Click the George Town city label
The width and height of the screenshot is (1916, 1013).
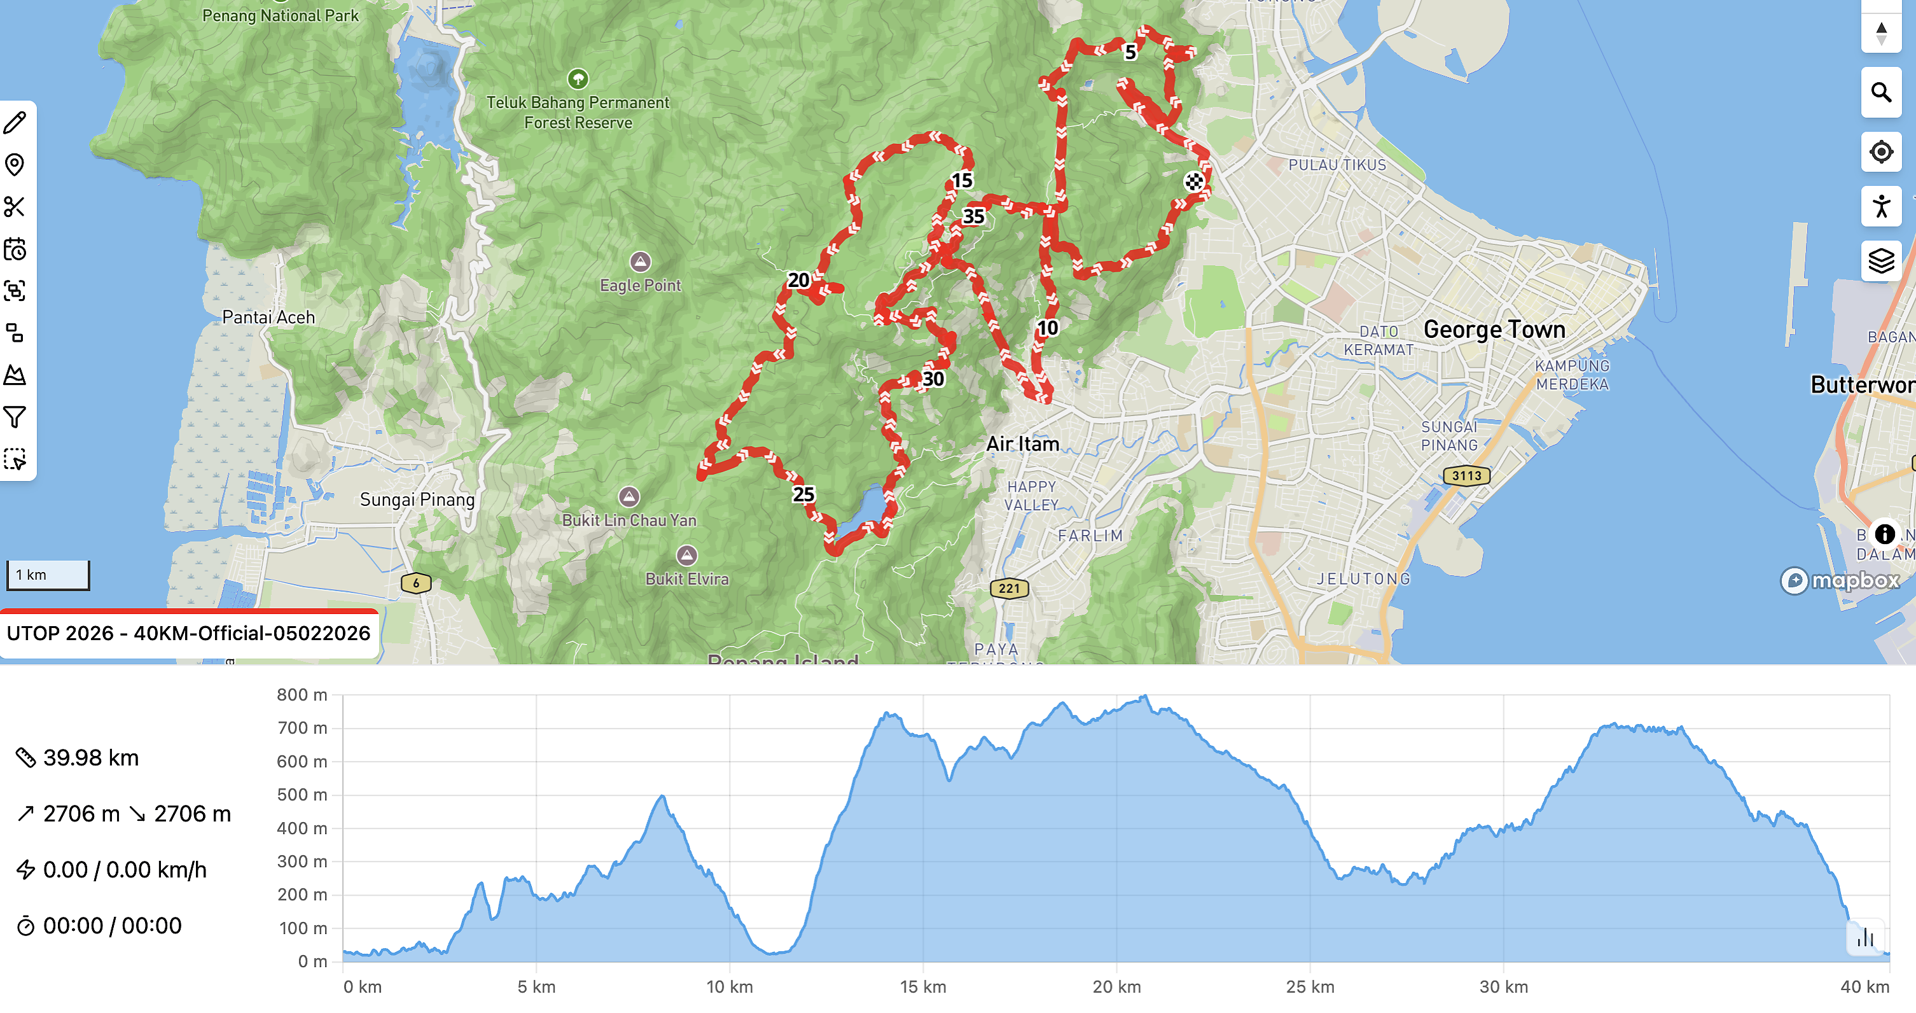[x=1494, y=330]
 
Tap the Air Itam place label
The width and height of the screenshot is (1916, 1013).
[x=1022, y=444]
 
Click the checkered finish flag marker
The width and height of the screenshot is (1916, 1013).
[x=1193, y=181]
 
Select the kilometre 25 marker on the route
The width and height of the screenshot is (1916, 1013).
[x=803, y=494]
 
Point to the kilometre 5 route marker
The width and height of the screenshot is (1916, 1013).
[x=1130, y=52]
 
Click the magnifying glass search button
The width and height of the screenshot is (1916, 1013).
[x=1881, y=93]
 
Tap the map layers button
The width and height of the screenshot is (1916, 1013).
[x=1881, y=261]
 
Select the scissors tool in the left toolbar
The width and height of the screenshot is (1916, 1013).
[x=15, y=207]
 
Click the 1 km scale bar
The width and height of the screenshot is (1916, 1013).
[x=48, y=575]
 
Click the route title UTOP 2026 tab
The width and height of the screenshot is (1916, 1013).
[x=188, y=634]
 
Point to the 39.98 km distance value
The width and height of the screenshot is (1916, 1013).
[x=91, y=758]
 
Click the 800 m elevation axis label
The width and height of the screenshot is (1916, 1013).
[x=302, y=695]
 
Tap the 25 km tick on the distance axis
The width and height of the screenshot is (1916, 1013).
[x=1310, y=987]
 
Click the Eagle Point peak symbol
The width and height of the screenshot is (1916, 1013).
[x=641, y=262]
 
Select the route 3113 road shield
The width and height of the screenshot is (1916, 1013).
[x=1466, y=476]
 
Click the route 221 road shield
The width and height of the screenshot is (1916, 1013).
[x=1010, y=589]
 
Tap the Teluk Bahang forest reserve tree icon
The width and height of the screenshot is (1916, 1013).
[x=578, y=79]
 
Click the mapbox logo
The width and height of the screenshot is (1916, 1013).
[x=1840, y=580]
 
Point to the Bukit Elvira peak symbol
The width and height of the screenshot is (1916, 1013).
[x=686, y=555]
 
